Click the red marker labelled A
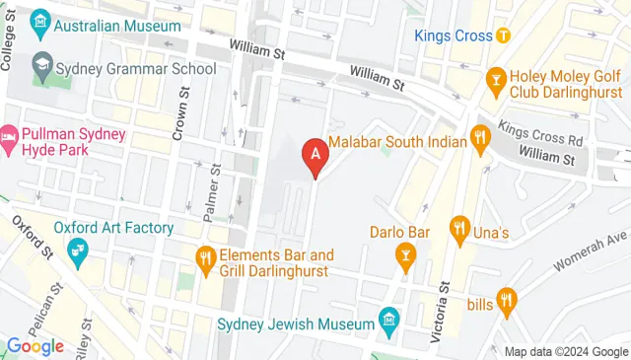point(315,156)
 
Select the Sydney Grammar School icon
point(42,68)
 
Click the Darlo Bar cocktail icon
point(405,258)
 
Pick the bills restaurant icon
point(506,298)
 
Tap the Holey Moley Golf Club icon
point(497,76)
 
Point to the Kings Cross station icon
point(504,36)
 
